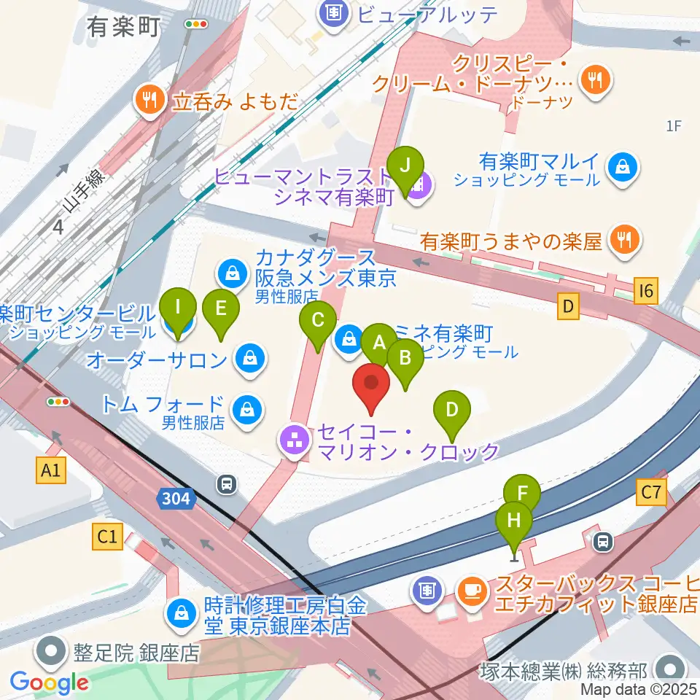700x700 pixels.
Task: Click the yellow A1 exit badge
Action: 50,472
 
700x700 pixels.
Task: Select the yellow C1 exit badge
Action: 106,537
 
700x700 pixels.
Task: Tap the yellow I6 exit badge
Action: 646,292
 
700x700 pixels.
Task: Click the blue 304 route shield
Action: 176,499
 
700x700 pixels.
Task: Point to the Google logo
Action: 49,682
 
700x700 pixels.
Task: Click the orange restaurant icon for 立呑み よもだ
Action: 150,101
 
